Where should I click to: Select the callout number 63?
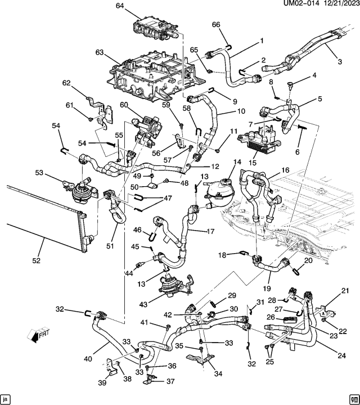[x=100, y=53]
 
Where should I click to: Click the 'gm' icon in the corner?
[x=353, y=398]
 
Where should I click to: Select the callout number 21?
[x=345, y=290]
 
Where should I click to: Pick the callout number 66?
[x=215, y=24]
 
